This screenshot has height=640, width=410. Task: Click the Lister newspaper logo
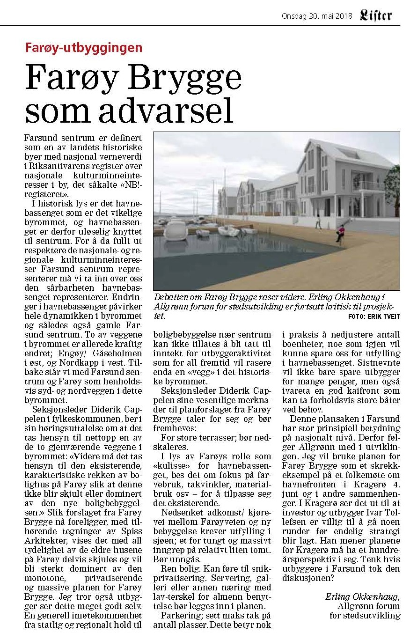point(376,15)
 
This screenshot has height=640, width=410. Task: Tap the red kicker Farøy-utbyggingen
point(83,47)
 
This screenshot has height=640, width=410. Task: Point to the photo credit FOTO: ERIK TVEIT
point(374,317)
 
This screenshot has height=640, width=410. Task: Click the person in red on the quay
point(340,232)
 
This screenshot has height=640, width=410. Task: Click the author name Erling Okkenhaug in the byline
point(362,596)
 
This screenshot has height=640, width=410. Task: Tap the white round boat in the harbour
point(176,230)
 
